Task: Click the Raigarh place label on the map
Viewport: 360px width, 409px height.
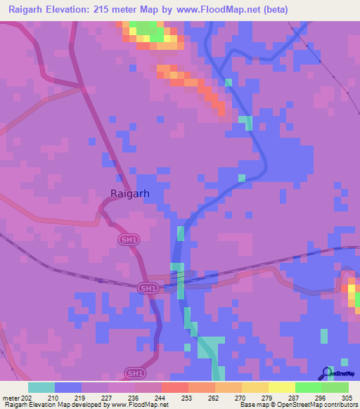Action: click(x=130, y=195)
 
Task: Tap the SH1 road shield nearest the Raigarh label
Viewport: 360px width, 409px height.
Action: click(x=125, y=240)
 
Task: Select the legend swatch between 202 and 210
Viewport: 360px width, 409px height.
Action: click(x=41, y=387)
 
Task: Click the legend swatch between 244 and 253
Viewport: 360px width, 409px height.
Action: click(x=174, y=387)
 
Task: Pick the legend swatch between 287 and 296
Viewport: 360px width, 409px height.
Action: click(x=309, y=387)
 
